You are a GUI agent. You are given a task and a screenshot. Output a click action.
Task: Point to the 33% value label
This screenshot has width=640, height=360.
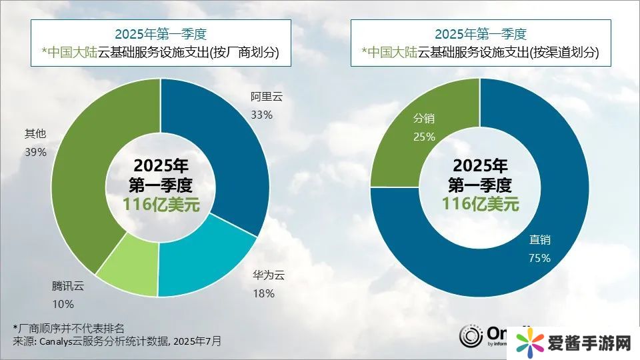point(262,115)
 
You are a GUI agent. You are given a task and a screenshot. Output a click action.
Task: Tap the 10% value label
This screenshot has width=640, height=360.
point(63,304)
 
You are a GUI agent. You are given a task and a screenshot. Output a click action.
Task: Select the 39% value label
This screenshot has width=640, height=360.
point(35,152)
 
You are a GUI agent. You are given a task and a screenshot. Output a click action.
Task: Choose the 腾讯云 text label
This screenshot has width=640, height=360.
point(69,287)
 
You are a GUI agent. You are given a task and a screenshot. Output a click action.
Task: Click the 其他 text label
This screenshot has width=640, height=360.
point(35,134)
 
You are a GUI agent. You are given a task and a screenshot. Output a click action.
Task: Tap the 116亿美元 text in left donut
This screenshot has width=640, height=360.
point(161,204)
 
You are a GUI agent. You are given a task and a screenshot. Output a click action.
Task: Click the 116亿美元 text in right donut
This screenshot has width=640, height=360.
point(480,204)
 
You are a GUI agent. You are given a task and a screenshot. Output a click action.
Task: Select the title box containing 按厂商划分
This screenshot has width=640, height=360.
point(161,43)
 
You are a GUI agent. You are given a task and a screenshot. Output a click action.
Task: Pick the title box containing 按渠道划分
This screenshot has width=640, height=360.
point(481,43)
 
